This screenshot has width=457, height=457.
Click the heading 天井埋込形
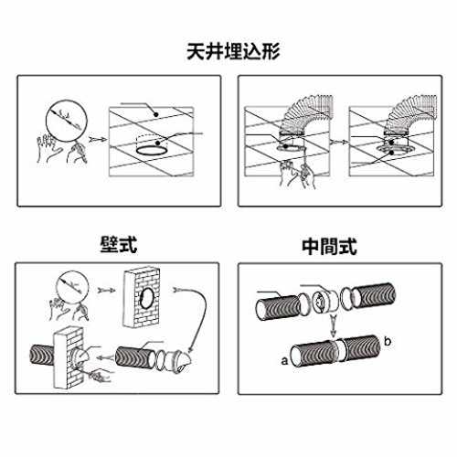click(x=233, y=51)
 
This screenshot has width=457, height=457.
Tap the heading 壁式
click(x=119, y=244)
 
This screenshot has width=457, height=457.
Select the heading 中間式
click(x=329, y=246)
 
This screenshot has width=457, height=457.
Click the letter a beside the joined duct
click(x=284, y=361)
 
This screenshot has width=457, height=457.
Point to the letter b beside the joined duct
click(x=388, y=341)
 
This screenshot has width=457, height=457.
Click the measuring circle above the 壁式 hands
click(x=72, y=288)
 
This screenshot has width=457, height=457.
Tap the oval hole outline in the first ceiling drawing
click(x=151, y=151)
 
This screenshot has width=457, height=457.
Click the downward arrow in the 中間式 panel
click(x=334, y=326)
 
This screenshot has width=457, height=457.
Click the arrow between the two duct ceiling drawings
click(x=339, y=142)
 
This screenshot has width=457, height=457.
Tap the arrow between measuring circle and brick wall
click(x=107, y=290)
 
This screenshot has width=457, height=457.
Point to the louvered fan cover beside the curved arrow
click(x=178, y=362)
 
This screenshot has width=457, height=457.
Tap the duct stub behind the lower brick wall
click(x=42, y=356)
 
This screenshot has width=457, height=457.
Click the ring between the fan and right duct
click(x=346, y=299)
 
